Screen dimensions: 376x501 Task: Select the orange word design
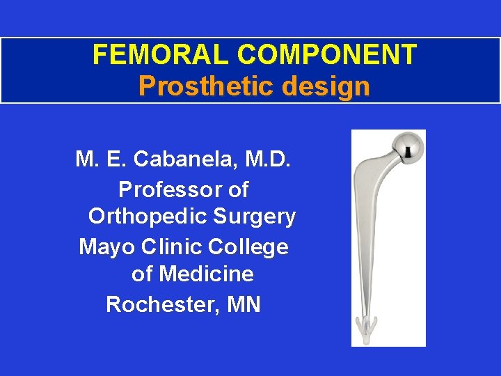click(x=331, y=86)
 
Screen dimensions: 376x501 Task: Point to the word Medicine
click(x=206, y=274)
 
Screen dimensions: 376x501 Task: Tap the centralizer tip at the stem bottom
click(x=367, y=325)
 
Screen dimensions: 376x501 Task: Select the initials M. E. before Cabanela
click(x=101, y=160)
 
